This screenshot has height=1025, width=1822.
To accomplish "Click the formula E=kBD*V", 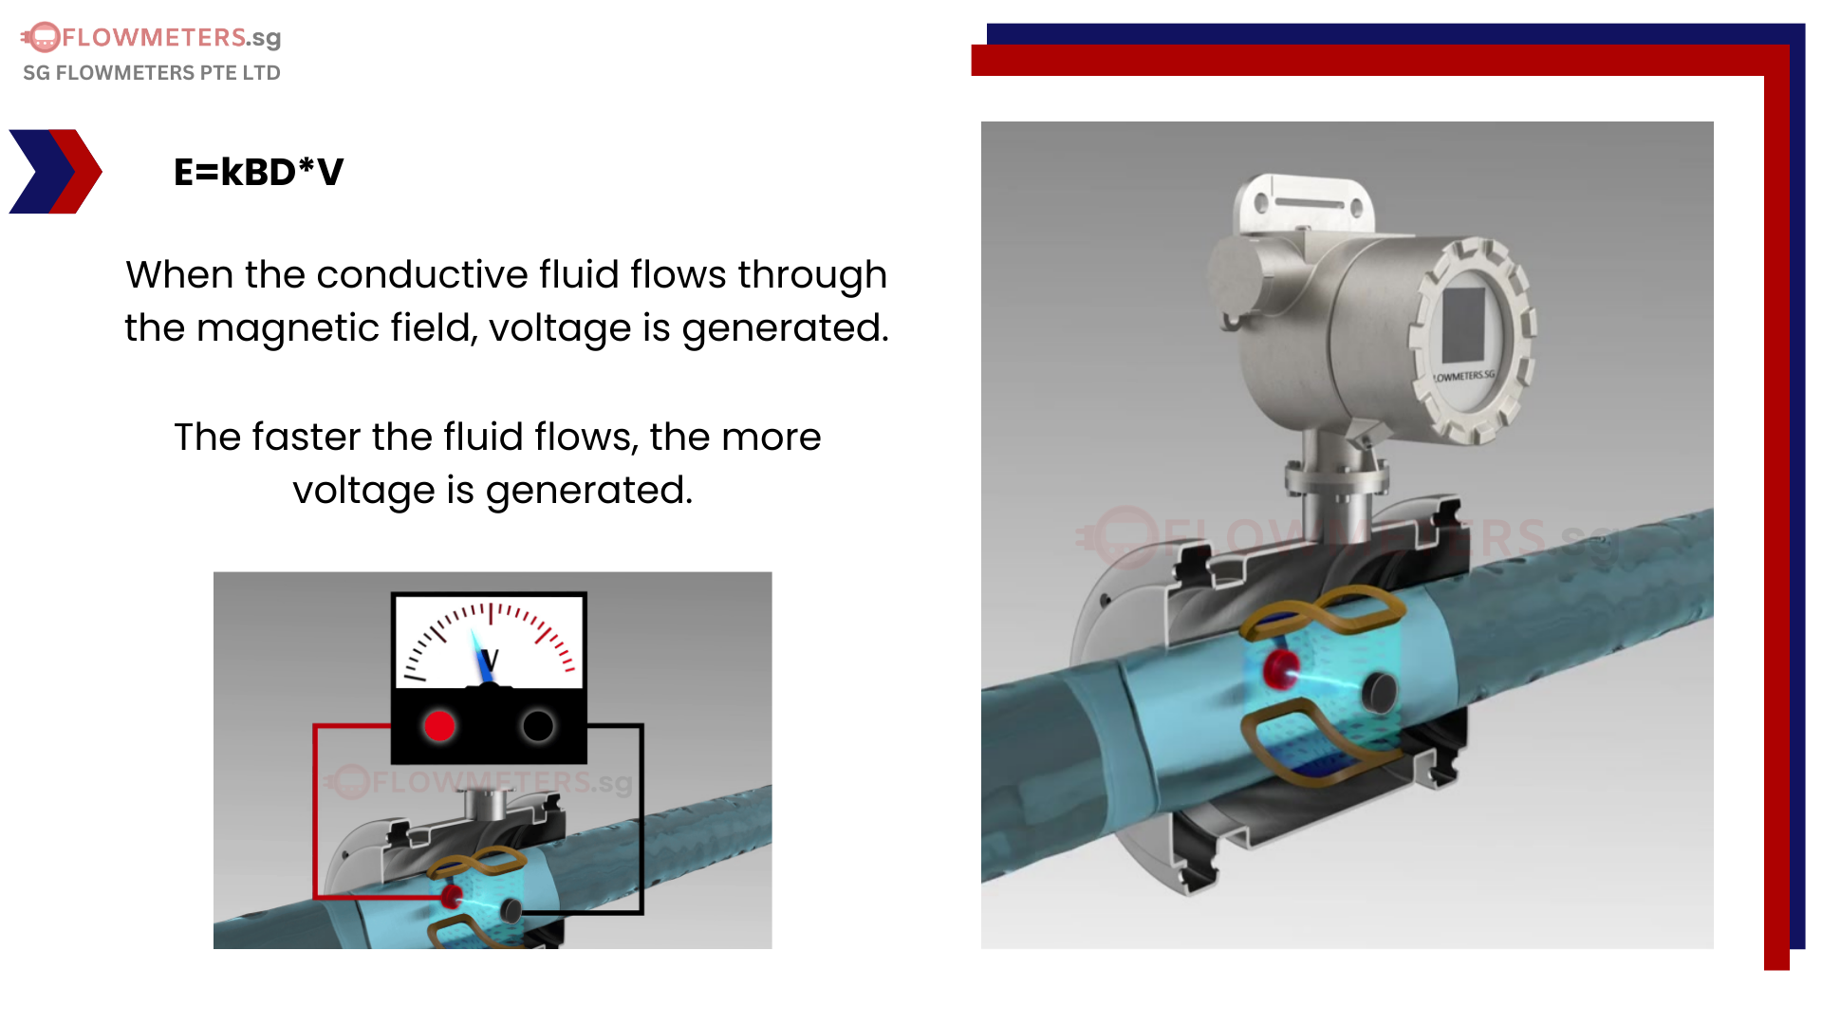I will click(258, 173).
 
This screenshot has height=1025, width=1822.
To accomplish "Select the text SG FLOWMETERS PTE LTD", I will click(152, 73).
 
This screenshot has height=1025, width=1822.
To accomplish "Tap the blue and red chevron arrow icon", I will click(55, 172).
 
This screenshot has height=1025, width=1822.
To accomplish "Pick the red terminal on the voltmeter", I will click(439, 726).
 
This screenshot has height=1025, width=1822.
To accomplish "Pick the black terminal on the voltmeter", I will click(538, 726).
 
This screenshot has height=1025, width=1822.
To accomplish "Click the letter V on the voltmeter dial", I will click(490, 660).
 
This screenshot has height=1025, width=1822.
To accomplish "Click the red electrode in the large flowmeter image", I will click(1281, 669).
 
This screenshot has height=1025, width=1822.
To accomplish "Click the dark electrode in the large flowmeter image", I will click(1378, 692).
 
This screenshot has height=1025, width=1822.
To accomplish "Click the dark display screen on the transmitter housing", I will click(1462, 324).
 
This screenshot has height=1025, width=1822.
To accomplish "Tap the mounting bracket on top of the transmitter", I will click(1302, 202).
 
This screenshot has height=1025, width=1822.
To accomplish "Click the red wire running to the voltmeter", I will click(315, 807).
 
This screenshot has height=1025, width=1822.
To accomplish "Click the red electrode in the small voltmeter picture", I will click(452, 895).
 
